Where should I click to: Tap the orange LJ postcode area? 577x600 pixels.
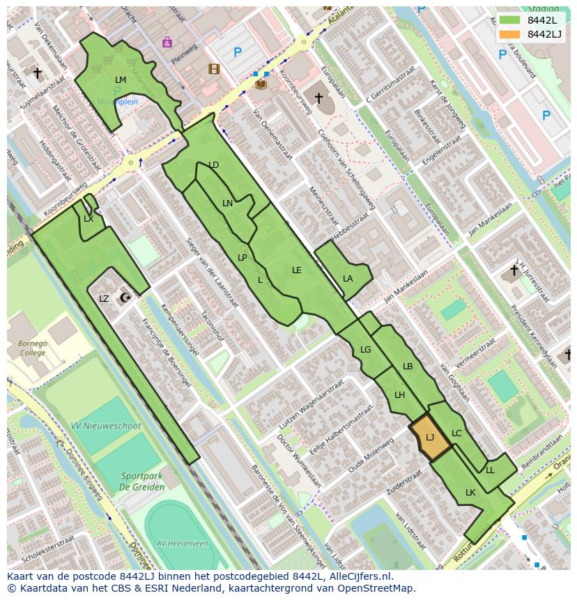click(x=429, y=438)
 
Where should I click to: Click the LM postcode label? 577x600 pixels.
click(x=121, y=80)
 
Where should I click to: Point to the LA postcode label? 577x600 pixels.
click(x=348, y=278)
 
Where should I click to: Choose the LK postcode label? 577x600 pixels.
click(x=470, y=493)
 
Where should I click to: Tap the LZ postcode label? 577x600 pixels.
click(x=104, y=299)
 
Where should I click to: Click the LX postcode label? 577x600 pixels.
click(x=89, y=219)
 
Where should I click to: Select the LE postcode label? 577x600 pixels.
click(x=297, y=270)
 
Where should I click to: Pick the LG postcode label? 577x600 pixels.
click(x=365, y=350)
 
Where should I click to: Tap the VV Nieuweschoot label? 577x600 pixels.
click(x=106, y=426)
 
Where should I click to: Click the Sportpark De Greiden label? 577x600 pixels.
click(x=141, y=482)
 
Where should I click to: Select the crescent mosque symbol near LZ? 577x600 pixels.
click(x=125, y=298)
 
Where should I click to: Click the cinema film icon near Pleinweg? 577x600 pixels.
click(x=214, y=68)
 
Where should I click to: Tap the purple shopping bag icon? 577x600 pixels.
click(x=167, y=43)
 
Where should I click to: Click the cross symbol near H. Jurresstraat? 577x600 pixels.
click(x=514, y=270)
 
